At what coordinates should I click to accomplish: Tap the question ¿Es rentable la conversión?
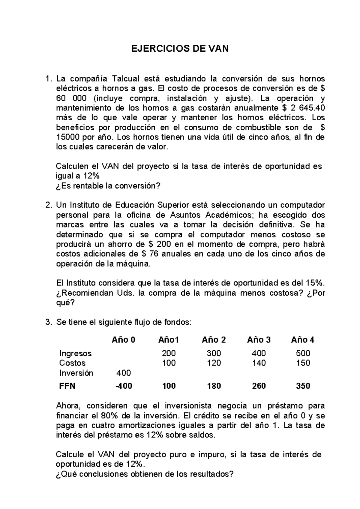click(108, 186)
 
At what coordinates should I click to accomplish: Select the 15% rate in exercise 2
click(314, 283)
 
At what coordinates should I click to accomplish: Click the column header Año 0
click(123, 340)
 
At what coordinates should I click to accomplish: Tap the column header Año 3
click(259, 340)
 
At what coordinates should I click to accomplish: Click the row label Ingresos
click(75, 353)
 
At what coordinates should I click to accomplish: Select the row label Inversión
click(76, 373)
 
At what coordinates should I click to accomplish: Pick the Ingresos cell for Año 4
click(303, 353)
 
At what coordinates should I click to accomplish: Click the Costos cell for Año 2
click(214, 363)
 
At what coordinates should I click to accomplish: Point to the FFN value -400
click(124, 386)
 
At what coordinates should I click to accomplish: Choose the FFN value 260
click(259, 386)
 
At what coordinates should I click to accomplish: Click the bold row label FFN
click(67, 386)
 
